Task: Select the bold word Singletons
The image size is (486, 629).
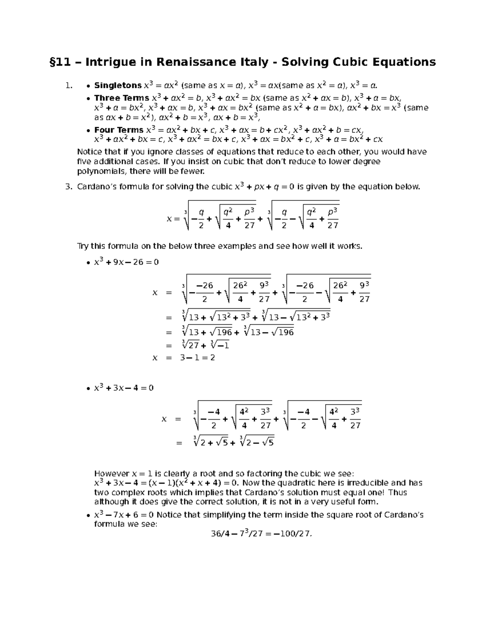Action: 118,85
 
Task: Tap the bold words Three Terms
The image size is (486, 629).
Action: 122,98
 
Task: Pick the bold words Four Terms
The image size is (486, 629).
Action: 119,130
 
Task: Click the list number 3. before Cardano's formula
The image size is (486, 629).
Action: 68,187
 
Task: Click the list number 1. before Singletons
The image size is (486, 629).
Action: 68,85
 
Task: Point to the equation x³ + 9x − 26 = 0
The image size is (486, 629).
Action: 126,262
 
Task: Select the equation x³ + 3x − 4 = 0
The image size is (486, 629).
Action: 124,388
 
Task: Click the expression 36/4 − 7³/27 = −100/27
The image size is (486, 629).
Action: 261,534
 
